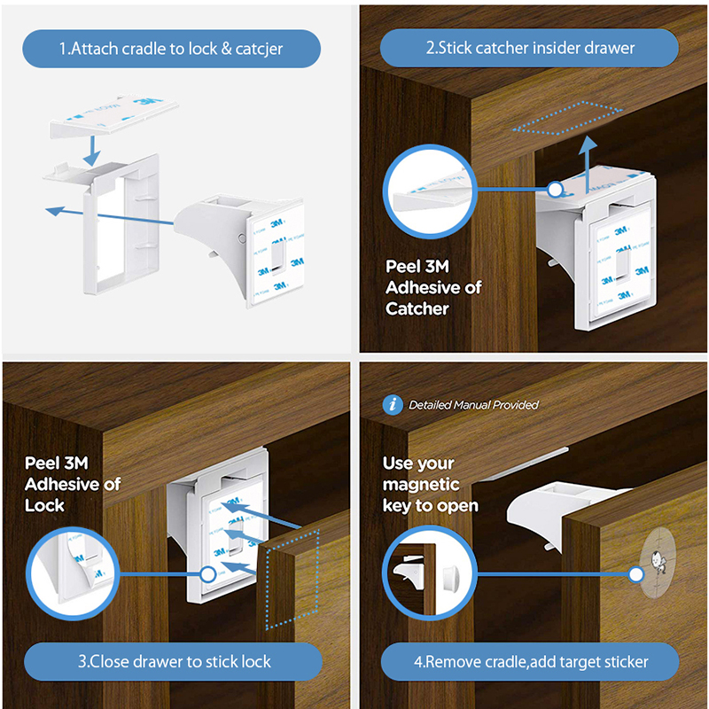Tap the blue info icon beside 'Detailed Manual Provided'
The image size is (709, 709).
393,405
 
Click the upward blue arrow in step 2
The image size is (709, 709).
588,164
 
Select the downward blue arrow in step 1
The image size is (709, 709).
92,151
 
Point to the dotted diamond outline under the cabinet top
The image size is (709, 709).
567,118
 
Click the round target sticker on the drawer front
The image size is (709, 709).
658,562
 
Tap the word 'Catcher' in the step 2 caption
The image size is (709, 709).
417,308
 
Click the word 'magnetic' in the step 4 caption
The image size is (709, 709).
421,485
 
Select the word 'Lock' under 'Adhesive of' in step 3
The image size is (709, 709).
44,505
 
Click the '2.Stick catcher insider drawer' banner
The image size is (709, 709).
529,48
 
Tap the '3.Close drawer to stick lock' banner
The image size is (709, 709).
173,661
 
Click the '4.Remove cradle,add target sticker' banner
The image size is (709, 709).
530,662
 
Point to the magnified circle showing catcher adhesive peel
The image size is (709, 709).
430,191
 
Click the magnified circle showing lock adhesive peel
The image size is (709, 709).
73,573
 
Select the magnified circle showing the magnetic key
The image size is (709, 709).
430,573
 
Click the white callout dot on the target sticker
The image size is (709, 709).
635,574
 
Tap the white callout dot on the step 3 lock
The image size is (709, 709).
208,574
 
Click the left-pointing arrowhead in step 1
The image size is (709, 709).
55,211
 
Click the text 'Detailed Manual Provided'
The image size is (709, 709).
473,405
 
